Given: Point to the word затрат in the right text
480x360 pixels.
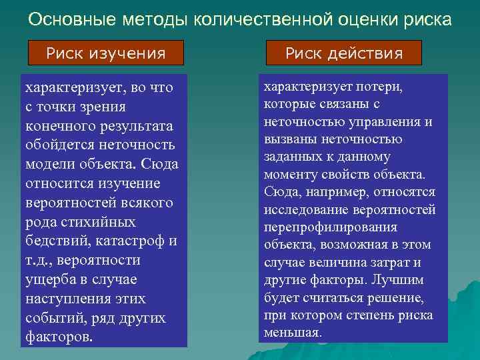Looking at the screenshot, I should click(395, 262).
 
